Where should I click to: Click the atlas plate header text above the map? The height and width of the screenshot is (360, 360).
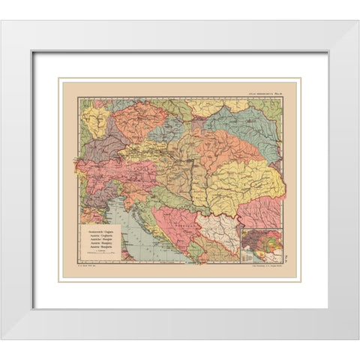(x=271, y=91)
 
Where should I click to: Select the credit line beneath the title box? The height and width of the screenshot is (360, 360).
(x=90, y=266)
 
